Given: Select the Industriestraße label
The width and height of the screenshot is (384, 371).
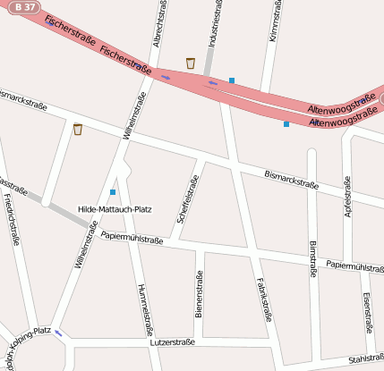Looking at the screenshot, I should tap(215, 24).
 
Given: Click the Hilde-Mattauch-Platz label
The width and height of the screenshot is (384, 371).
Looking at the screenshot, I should tap(115, 208).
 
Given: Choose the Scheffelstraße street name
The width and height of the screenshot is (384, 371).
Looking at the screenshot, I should tap(188, 198).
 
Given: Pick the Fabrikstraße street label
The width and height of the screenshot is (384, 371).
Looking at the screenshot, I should tap(263, 298).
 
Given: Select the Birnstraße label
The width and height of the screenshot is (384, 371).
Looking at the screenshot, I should tap(312, 259).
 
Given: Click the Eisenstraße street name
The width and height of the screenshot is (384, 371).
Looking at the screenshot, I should tap(367, 310).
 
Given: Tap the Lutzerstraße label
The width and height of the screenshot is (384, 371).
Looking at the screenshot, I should tap(172, 342).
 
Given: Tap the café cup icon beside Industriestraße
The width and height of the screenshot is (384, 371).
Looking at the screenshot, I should tap(191, 63).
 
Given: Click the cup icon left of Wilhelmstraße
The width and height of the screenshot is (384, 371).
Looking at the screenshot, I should tap(78, 130).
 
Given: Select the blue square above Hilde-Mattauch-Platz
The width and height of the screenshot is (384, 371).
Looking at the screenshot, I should tap(113, 192).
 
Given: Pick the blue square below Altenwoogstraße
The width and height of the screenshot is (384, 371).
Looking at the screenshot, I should tap(286, 124).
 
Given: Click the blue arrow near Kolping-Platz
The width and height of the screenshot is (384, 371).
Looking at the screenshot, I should tap(59, 333).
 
